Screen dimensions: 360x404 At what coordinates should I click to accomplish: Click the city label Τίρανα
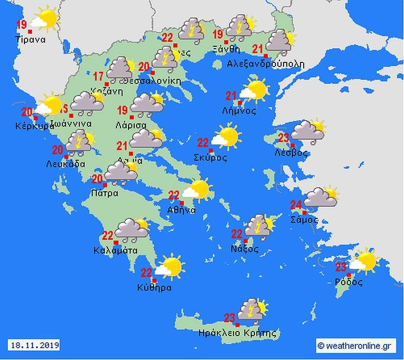[x=31, y=39]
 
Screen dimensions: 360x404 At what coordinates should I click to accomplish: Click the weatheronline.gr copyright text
[x=355, y=346]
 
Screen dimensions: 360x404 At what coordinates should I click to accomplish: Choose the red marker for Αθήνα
[x=182, y=203]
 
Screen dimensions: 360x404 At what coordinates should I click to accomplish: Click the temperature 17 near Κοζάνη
[x=98, y=76]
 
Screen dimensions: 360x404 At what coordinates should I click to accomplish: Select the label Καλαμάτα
[x=116, y=250]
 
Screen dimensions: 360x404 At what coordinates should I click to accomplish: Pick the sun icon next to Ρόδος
[x=365, y=261]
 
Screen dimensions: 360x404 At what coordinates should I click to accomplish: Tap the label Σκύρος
[x=211, y=158]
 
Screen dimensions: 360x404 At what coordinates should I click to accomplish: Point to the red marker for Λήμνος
[x=239, y=103]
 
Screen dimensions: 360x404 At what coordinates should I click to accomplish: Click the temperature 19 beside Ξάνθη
[x=218, y=34]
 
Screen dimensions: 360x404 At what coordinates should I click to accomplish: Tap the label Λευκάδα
[x=65, y=164]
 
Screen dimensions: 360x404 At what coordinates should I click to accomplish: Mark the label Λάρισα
[x=131, y=125]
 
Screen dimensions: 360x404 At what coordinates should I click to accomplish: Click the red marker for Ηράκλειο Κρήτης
[x=237, y=325]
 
